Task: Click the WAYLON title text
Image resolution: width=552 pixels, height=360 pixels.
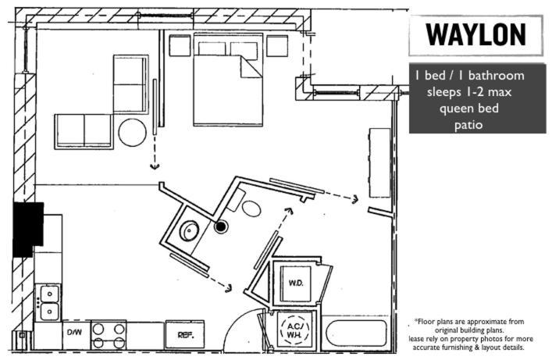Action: tap(475, 35)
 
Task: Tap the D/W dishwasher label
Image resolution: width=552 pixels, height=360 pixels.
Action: tap(74, 333)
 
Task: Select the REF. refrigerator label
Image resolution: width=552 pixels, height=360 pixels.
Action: tap(185, 334)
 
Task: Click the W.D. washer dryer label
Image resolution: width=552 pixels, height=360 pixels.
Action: tap(296, 282)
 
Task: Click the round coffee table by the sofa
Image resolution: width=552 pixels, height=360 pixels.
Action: tap(133, 133)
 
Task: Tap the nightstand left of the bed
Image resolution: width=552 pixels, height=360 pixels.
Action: tap(180, 45)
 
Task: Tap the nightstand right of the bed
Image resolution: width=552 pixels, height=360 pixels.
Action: tap(277, 45)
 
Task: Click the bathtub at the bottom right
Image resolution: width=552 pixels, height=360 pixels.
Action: tap(355, 335)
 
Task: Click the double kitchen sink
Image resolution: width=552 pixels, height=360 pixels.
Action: tap(49, 302)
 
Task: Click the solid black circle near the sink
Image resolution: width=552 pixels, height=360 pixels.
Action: tap(222, 227)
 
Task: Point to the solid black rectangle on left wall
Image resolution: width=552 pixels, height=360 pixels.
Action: tap(28, 229)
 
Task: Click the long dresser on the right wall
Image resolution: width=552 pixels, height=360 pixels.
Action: tap(379, 162)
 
